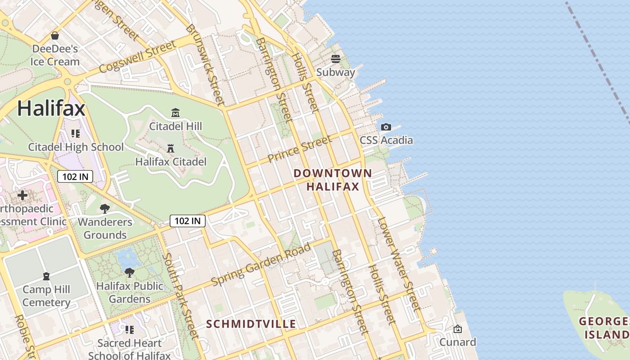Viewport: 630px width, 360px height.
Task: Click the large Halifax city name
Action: [x=51, y=108]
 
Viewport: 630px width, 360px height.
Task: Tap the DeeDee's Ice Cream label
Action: [x=55, y=55]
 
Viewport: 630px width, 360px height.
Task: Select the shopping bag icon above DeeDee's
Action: [x=55, y=35]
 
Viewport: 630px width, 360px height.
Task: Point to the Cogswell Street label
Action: [x=137, y=57]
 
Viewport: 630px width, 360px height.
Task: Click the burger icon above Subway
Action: [x=336, y=59]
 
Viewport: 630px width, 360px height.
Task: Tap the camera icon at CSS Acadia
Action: [x=386, y=127]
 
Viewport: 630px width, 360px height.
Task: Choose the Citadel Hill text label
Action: [x=175, y=126]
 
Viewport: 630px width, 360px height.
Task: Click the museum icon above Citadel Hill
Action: [x=175, y=112]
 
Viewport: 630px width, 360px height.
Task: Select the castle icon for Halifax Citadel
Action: [x=171, y=148]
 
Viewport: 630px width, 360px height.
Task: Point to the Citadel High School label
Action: [x=76, y=147]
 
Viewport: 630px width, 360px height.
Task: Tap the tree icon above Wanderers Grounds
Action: [x=105, y=208]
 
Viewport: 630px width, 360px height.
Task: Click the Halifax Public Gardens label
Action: [x=130, y=292]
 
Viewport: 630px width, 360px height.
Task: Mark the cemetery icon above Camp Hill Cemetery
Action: [x=46, y=276]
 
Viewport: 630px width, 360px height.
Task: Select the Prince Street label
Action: [x=299, y=149]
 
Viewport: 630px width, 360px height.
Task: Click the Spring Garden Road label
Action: [x=261, y=264]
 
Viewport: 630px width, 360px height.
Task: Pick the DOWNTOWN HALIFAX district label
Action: [x=333, y=180]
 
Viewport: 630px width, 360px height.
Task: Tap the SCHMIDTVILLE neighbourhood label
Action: [x=251, y=324]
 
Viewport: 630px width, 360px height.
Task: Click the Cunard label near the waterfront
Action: [x=458, y=342]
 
